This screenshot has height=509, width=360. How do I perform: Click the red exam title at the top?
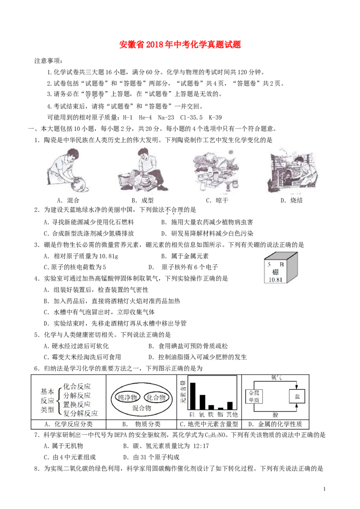180,45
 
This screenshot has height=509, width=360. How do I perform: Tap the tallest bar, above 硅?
193,396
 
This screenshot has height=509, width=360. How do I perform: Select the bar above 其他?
230,406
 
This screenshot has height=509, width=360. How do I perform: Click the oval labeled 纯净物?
127,397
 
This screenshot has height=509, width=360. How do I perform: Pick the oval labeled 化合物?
156,397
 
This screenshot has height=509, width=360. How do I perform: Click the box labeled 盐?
297,396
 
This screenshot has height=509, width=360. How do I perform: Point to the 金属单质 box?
254,396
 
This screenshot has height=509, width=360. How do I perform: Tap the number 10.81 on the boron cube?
275,280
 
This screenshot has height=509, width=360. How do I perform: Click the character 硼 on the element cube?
275,272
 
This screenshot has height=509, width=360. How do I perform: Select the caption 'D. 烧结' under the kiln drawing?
292,200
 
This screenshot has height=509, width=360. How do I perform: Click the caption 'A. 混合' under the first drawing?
68,200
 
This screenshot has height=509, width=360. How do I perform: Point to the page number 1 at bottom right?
324,489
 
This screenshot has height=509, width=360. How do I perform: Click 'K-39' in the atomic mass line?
215,117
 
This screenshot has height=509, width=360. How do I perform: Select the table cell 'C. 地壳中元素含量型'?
209,424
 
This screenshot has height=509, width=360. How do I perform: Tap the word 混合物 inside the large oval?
142,408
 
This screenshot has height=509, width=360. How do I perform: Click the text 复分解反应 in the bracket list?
80,413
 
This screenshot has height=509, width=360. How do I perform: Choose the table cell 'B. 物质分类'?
141,424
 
